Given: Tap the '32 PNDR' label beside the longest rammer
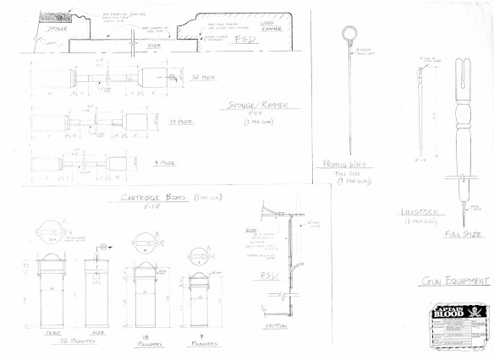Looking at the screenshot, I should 203,77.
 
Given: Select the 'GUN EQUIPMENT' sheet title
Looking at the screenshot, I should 453,281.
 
